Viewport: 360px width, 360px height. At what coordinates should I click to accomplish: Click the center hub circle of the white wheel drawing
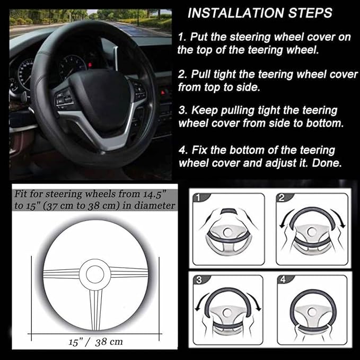[x=96, y=273]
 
